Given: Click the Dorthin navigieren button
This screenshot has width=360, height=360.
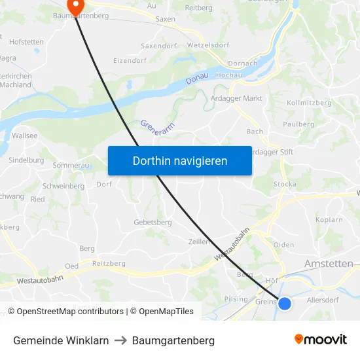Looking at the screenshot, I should pos(180,160).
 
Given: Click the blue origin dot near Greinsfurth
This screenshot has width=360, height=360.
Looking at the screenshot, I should pos(285,303).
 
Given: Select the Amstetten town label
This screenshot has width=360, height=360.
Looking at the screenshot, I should pos(329,263).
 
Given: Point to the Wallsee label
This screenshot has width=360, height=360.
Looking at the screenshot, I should pos(24,135).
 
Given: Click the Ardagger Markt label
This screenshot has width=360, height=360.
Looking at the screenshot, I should pos(236,98).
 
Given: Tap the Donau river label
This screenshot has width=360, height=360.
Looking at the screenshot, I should pos(196,77).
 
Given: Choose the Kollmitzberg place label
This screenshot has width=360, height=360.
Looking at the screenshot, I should pos(310,103).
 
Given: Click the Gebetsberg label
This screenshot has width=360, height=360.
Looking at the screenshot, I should pos(153,223).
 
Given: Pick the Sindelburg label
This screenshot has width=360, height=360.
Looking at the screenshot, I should pos(26,160).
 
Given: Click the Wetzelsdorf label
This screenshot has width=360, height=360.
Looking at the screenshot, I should pos(207,46).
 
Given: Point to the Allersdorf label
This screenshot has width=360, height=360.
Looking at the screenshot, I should pos(323,300).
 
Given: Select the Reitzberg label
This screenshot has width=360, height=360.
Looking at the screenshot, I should pos(109,263).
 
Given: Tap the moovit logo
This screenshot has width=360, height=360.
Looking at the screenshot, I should pos(321,339).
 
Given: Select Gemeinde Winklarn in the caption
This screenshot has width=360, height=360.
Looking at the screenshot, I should pos(61,340).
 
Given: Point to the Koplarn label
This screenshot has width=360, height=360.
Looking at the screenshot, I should pos(329,220).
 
